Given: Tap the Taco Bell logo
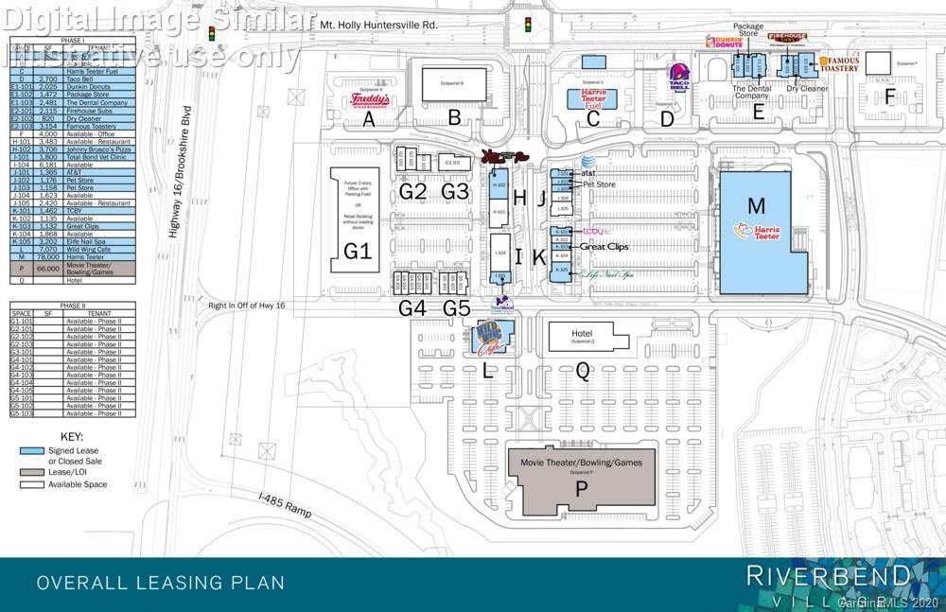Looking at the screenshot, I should click(677, 76).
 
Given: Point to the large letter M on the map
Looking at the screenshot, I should click(755, 205).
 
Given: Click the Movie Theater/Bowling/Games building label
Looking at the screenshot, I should click(582, 463).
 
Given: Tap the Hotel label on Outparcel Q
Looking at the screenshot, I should click(582, 334).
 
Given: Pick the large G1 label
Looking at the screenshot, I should click(357, 251).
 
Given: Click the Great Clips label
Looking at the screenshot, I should click(604, 246).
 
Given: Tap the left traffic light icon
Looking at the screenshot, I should click(212, 33).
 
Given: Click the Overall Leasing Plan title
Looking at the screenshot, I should click(161, 583).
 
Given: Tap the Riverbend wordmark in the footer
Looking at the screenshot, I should click(829, 574).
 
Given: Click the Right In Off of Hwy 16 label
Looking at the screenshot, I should click(248, 305).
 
